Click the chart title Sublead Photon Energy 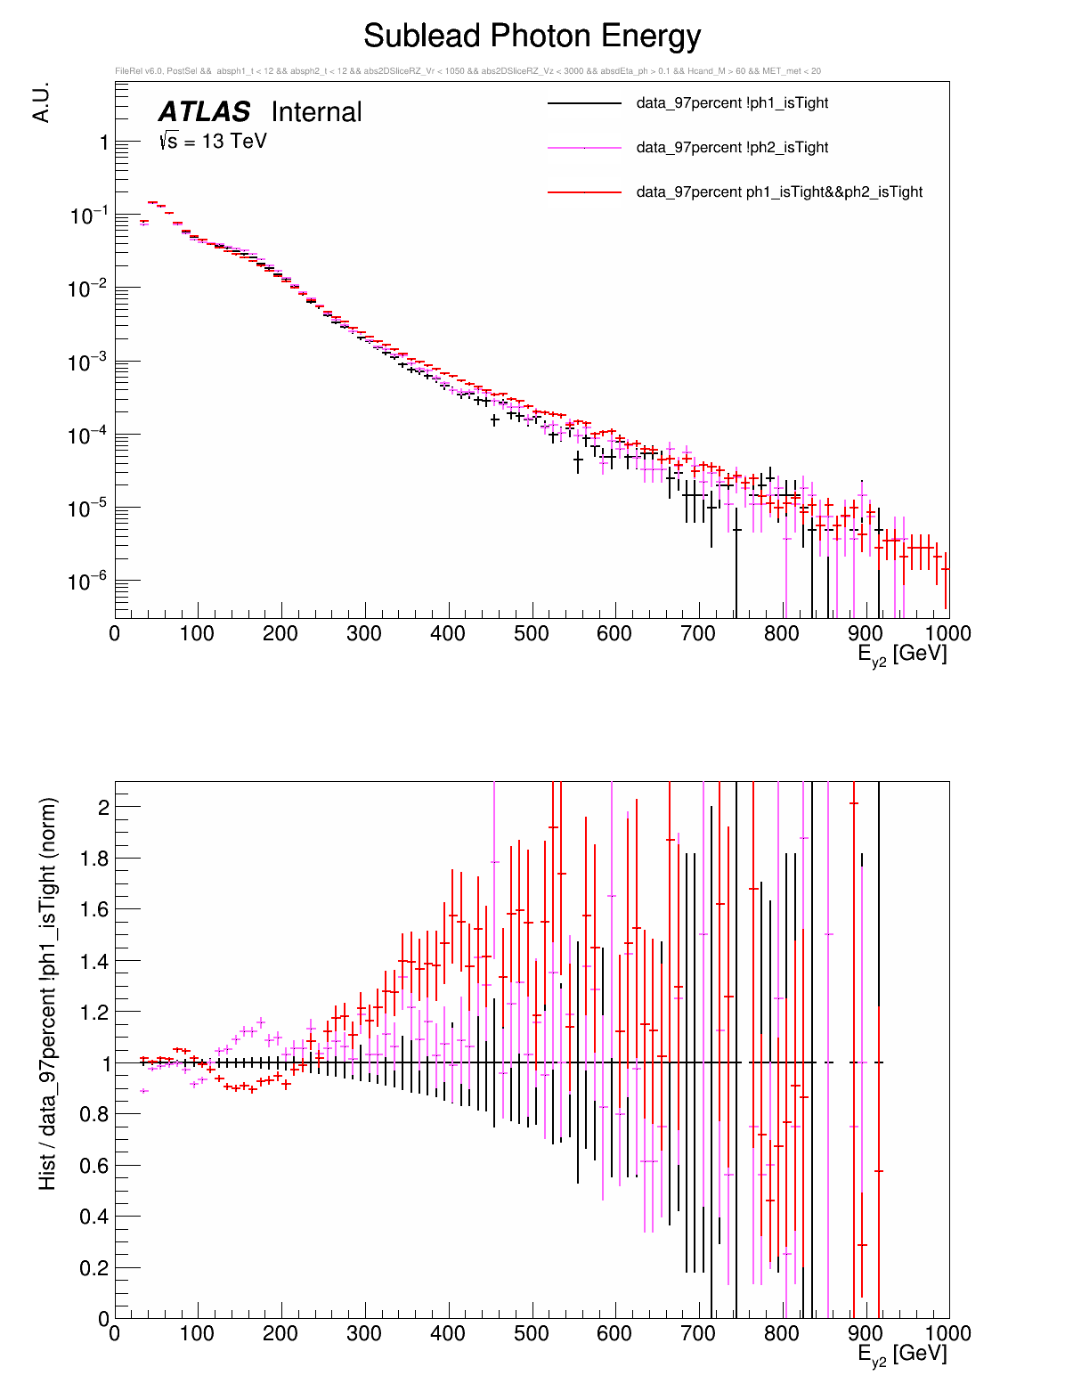[532, 37]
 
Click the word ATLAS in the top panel [204, 112]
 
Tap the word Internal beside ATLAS [316, 112]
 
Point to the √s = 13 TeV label [213, 141]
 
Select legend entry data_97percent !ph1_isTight [732, 103]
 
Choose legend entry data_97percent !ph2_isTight [732, 148]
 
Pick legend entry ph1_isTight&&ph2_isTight [779, 192]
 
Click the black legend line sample [584, 103]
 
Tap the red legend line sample [584, 192]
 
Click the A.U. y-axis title [41, 102]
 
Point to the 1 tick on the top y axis [104, 142]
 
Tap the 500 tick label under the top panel [532, 634]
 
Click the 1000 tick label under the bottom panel [947, 1334]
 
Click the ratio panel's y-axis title [48, 993]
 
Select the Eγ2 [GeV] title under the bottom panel [902, 1355]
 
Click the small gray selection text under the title [467, 71]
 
